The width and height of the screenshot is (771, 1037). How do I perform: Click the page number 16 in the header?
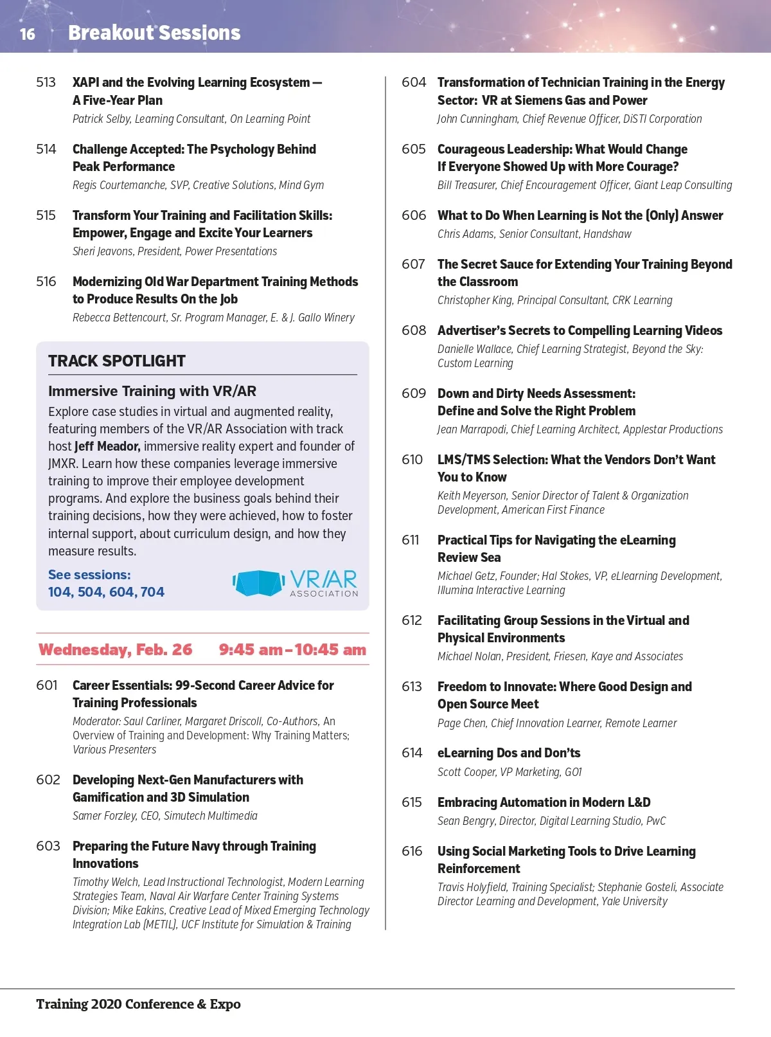pos(28,34)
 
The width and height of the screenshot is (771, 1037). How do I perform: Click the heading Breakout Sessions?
pos(154,33)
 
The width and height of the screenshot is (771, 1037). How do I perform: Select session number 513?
pos(46,82)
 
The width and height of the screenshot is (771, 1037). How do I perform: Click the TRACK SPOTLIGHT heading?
pos(117,361)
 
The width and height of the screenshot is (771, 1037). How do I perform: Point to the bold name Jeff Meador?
pos(107,446)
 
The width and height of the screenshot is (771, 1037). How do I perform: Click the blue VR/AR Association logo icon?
pos(258,583)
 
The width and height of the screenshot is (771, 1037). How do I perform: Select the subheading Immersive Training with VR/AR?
pos(152,391)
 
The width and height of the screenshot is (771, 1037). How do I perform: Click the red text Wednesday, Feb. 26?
pos(116,650)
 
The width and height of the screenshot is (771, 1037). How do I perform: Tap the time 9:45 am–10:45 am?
pos(292,650)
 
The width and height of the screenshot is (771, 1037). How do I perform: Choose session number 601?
pos(47,685)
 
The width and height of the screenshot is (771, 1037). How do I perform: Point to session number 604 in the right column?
pos(414,82)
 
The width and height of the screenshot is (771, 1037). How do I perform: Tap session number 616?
pos(412,851)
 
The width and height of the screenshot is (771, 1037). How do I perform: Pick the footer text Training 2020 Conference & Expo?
pos(138,1004)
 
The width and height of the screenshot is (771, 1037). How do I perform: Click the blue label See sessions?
pos(89,575)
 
